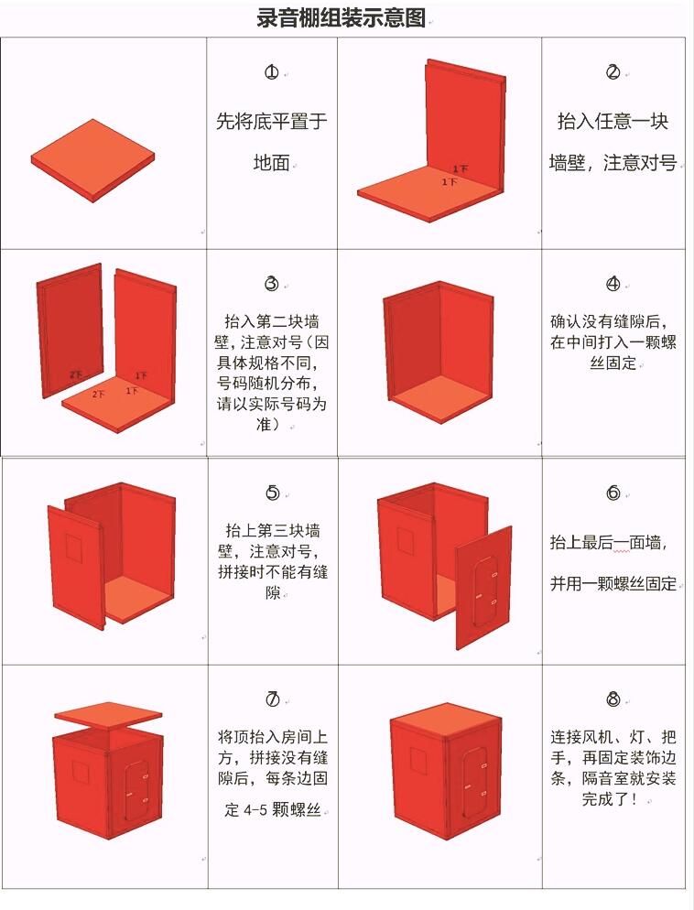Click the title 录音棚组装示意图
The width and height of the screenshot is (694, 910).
pyautogui.click(x=342, y=18)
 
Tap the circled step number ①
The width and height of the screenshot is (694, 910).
pyautogui.click(x=272, y=72)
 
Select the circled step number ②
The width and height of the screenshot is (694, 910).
pyautogui.click(x=613, y=72)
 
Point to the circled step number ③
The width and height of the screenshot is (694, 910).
pyautogui.click(x=272, y=284)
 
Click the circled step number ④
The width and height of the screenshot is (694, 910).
pyautogui.click(x=613, y=284)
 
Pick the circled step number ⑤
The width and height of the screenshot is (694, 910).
pyautogui.click(x=272, y=493)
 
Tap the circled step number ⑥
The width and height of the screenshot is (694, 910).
pyautogui.click(x=613, y=493)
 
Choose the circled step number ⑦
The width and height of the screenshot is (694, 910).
pyautogui.click(x=272, y=700)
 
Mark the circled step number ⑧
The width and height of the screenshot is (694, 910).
pyautogui.click(x=613, y=700)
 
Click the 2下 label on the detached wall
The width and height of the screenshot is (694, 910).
pyautogui.click(x=75, y=375)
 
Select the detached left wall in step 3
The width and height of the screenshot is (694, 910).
pyautogui.click(x=70, y=330)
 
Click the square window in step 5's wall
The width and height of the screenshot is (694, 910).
pyautogui.click(x=73, y=547)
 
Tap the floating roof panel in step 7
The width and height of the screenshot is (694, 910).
pyautogui.click(x=109, y=714)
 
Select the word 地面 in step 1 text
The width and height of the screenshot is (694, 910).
pyautogui.click(x=271, y=163)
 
